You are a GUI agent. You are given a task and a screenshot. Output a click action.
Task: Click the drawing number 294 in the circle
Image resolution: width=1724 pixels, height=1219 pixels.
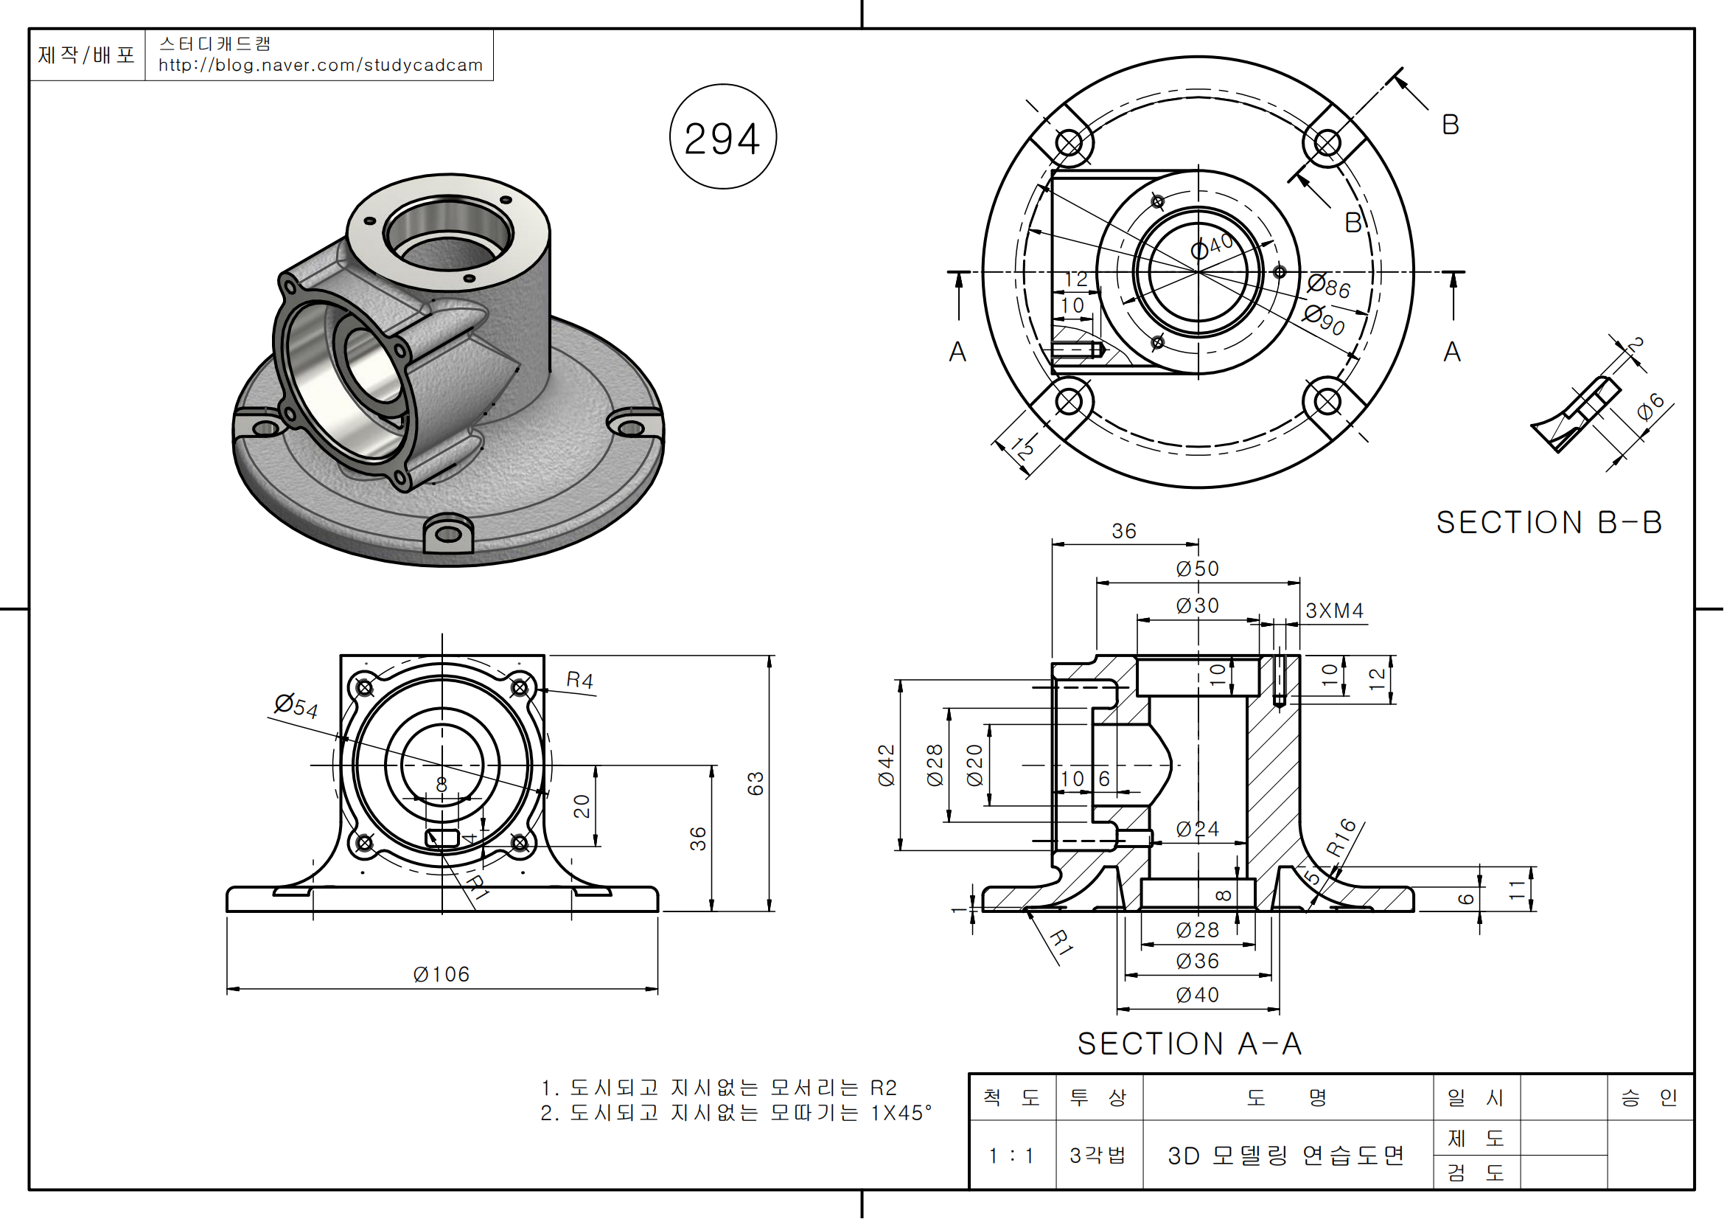pos(722,139)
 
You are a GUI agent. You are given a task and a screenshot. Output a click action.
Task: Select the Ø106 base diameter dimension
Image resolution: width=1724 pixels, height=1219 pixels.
pos(441,974)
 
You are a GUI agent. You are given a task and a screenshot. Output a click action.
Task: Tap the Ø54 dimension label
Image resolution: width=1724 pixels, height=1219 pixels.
pos(296,706)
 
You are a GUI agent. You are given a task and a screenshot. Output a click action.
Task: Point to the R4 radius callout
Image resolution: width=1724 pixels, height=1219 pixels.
pos(579,681)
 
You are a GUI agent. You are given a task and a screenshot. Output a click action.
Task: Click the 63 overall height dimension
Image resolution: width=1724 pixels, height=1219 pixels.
pos(755,783)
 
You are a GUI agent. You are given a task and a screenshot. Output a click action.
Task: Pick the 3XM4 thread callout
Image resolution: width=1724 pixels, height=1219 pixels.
pos(1334,611)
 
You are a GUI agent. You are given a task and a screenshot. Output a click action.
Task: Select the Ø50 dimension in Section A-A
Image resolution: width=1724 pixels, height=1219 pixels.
pos(1197,569)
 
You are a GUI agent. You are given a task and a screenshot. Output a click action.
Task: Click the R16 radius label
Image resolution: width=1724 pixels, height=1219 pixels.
pos(1341,837)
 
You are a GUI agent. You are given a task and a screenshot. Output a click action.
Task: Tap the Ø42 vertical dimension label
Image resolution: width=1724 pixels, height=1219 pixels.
pos(887,765)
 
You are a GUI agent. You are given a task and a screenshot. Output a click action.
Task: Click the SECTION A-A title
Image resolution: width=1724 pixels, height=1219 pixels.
pos(1190,1043)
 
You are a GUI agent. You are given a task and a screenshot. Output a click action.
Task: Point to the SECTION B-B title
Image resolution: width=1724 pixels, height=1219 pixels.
pos(1549,523)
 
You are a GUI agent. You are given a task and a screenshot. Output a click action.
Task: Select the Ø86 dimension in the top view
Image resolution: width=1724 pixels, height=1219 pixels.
pos(1328,285)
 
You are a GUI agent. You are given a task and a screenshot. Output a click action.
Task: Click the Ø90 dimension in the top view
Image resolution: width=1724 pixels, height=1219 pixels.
pos(1324,319)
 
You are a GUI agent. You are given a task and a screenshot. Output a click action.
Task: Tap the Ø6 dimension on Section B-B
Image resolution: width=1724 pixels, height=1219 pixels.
pos(1650,406)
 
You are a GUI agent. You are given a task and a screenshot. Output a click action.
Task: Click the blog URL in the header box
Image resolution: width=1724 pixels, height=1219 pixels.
pos(321,66)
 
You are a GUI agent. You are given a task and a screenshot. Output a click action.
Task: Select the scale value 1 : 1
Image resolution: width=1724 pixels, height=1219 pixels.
pos(1011,1155)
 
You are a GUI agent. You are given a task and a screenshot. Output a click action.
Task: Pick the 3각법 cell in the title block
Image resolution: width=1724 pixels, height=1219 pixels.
pos(1097,1155)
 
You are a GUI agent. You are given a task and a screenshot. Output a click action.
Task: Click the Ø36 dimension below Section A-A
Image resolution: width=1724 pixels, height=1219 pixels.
pos(1197,961)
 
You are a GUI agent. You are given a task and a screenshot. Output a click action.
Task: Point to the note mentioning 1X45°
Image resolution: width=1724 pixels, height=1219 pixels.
pos(735,1112)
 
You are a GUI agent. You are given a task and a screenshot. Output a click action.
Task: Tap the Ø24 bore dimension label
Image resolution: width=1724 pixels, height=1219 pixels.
pos(1197,829)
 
